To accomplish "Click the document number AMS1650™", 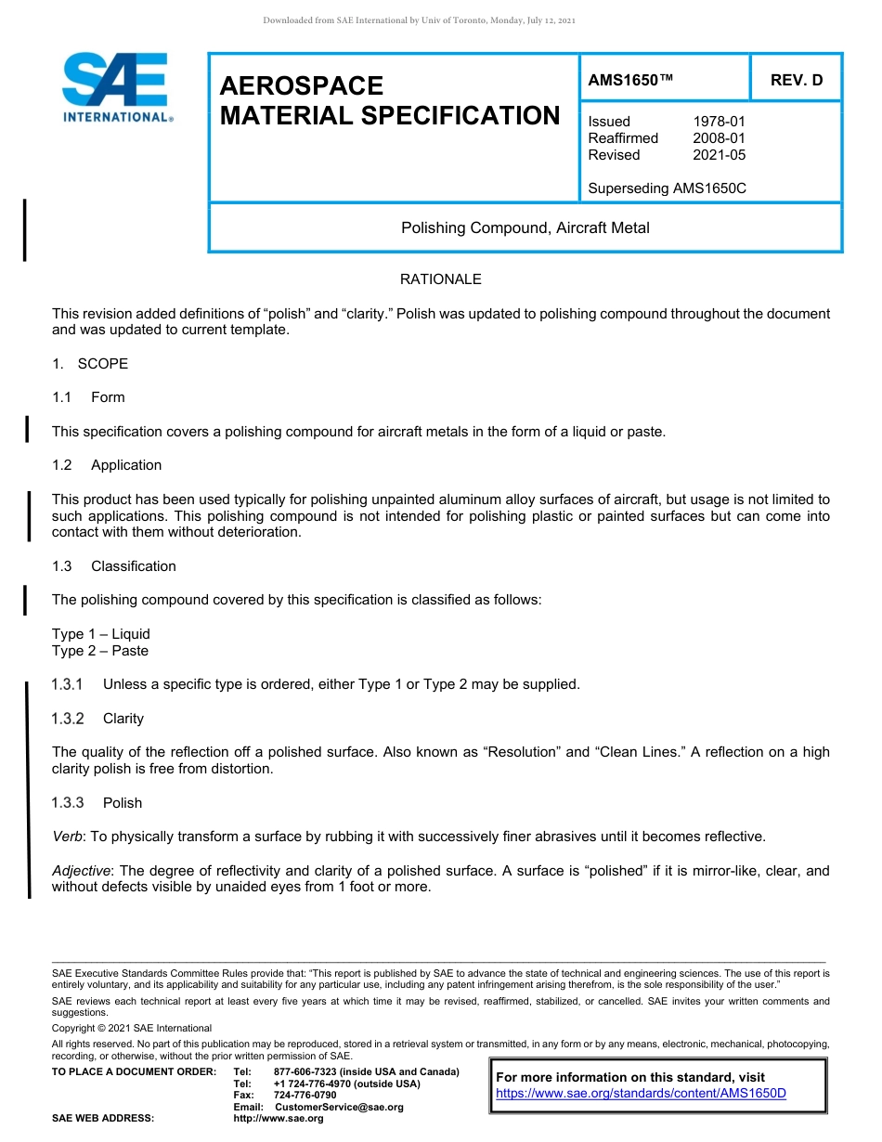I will click(630, 81).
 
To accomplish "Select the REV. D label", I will click(796, 81).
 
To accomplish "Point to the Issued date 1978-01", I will click(719, 122).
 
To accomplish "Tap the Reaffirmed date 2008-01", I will click(719, 138).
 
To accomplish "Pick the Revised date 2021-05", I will click(719, 155).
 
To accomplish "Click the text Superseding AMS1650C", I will click(667, 188).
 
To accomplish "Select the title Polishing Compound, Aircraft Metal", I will click(525, 227).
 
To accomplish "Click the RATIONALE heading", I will click(440, 279).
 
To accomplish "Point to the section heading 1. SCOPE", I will click(90, 364).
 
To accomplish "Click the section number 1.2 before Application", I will click(61, 465).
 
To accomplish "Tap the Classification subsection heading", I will click(133, 566).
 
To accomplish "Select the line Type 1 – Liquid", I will click(100, 634).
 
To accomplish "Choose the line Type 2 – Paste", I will click(99, 651).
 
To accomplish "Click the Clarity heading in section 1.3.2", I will click(123, 719).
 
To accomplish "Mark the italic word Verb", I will click(67, 837).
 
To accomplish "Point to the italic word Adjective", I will click(81, 871).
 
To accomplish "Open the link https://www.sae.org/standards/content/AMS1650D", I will click(641, 1094).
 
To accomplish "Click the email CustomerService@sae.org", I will click(339, 1108).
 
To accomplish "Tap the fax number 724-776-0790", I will click(305, 1096).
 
